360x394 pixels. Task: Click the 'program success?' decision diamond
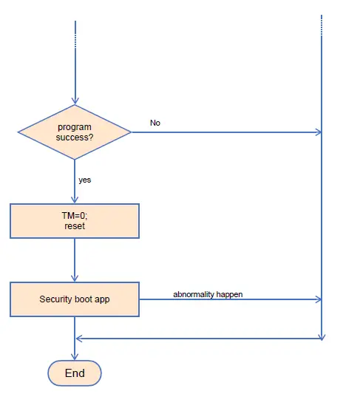point(75,132)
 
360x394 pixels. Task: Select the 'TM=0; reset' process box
point(75,220)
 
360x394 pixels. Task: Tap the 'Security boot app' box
point(75,299)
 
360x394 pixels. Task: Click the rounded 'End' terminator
point(75,373)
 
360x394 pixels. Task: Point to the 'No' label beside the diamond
point(155,123)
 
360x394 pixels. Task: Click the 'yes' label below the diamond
point(85,180)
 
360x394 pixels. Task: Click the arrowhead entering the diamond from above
point(75,101)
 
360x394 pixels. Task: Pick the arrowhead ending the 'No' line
point(319,132)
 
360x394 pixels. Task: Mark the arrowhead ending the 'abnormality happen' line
point(319,299)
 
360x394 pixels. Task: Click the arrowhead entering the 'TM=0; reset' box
point(75,199)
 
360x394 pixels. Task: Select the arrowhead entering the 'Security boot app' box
point(75,278)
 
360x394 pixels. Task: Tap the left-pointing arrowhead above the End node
point(79,339)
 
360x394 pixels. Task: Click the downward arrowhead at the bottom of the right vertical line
point(322,336)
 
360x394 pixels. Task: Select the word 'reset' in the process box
point(75,226)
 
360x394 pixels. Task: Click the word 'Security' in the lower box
point(55,299)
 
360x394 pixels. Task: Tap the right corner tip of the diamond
point(130,132)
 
